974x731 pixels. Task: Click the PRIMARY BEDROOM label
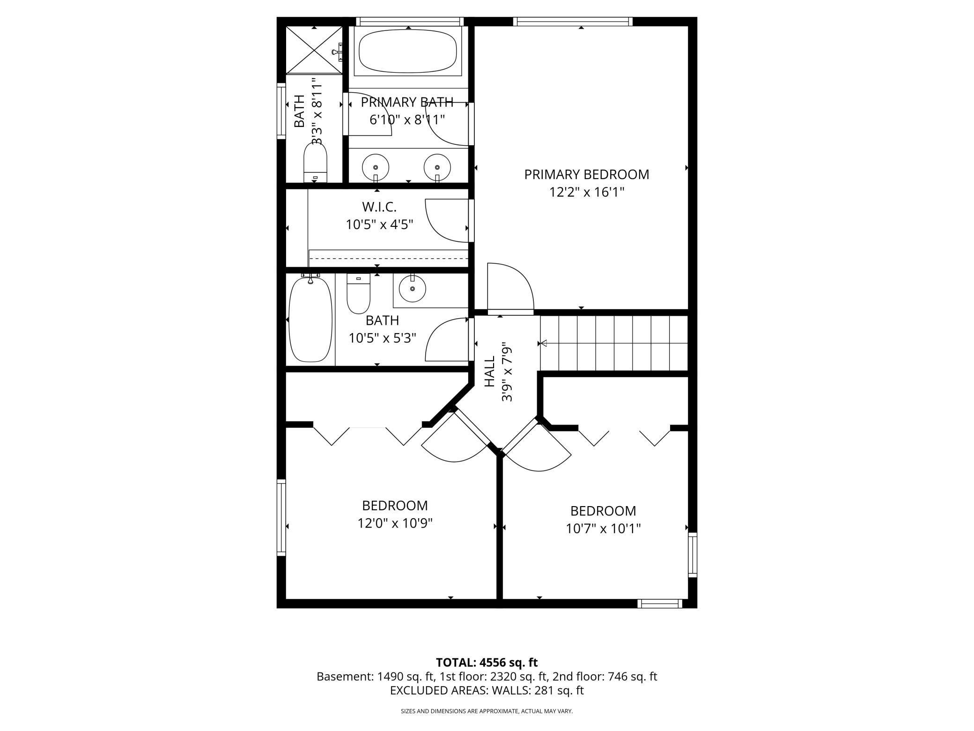pos(586,174)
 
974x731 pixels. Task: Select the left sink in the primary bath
pos(375,167)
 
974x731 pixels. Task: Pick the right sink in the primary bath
pos(437,167)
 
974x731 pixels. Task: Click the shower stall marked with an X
pos(314,50)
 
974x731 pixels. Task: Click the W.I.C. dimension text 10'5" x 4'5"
pos(379,225)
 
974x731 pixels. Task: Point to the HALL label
pos(489,371)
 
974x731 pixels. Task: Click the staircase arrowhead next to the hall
pos(544,343)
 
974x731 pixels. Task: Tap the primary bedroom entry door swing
pos(510,287)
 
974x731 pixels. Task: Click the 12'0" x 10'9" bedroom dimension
pos(395,523)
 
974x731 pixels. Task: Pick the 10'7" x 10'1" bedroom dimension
pos(603,529)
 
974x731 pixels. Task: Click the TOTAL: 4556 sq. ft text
pos(487,663)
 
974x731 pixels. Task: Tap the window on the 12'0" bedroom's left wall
pos(281,517)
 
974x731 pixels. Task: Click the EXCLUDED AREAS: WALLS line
pos(487,690)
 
